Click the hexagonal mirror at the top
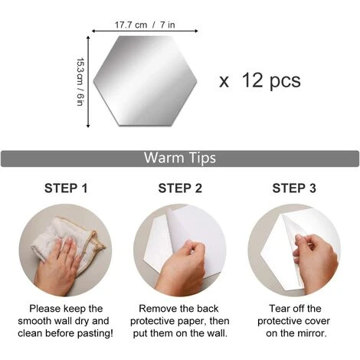coord(145,80)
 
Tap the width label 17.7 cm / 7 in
coord(145,25)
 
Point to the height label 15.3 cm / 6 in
coord(80,82)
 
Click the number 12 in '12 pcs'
coord(253,80)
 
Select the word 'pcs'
coord(285,82)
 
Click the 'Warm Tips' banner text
coord(180,158)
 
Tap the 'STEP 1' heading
coord(66,188)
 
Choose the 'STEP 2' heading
coord(180,188)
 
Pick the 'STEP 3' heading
coord(294,188)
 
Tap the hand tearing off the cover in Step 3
coord(316,263)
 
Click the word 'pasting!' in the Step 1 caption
coord(95,333)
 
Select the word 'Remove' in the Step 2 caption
coord(154,309)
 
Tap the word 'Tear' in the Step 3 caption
coord(279,309)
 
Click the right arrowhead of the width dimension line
coord(196,31)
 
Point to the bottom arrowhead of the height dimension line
coord(88,126)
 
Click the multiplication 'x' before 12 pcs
coord(224,82)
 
